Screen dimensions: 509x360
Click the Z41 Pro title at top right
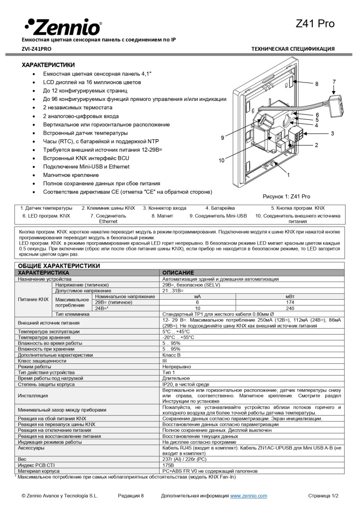click(x=315, y=23)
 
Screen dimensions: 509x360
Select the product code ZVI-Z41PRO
click(x=36, y=49)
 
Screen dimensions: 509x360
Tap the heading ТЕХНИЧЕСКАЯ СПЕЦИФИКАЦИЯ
click(x=293, y=49)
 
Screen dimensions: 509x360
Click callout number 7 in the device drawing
click(x=334, y=82)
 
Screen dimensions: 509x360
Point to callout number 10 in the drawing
click(x=222, y=160)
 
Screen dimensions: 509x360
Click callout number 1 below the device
click(x=288, y=175)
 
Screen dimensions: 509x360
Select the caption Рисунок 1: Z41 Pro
click(x=286, y=197)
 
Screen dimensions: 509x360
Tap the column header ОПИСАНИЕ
click(x=178, y=273)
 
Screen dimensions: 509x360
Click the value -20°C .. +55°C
click(x=179, y=337)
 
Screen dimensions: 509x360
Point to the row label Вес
click(x=22, y=459)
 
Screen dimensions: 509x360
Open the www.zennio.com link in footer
click(x=248, y=496)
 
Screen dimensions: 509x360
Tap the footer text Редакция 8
click(x=131, y=496)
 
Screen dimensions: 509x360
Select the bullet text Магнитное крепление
click(x=71, y=175)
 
